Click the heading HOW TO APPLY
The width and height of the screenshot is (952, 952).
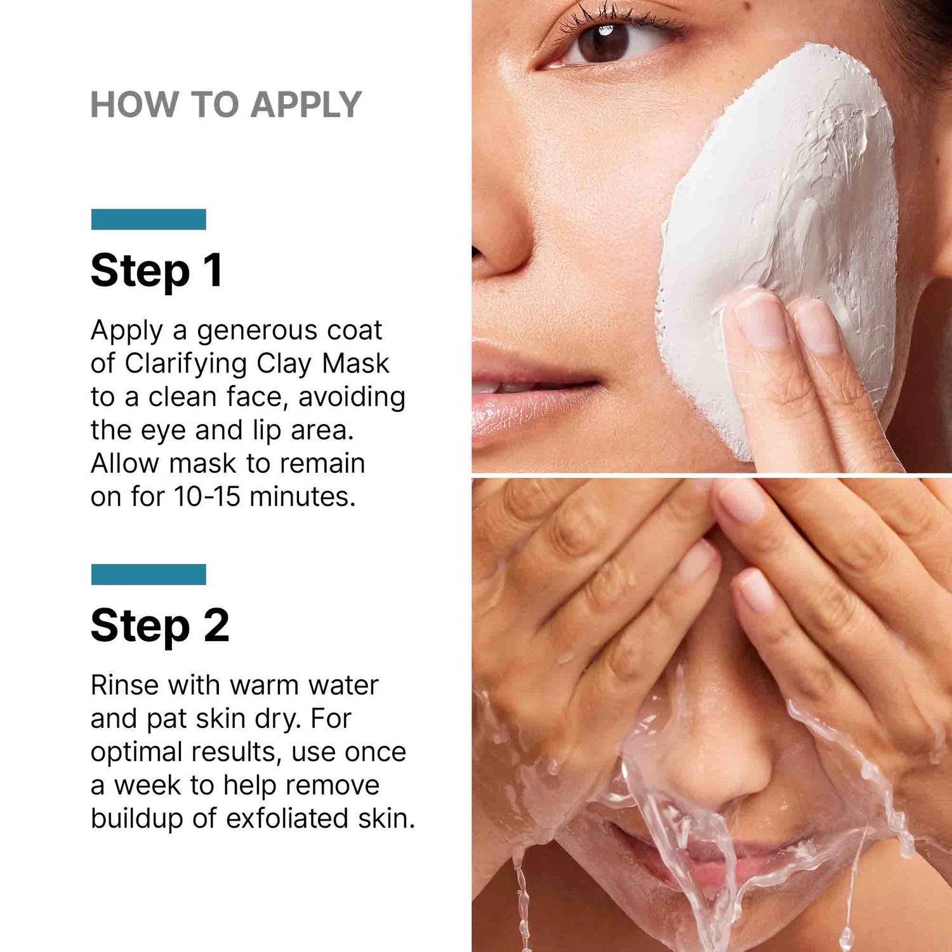226,105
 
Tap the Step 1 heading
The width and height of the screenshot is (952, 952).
157,271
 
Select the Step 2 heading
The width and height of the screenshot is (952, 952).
160,626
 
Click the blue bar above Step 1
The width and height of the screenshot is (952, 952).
149,219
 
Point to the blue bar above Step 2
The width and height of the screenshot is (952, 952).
149,574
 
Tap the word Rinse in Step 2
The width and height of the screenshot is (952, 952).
124,685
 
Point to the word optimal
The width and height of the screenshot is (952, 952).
137,753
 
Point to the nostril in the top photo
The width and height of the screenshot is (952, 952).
477,253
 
